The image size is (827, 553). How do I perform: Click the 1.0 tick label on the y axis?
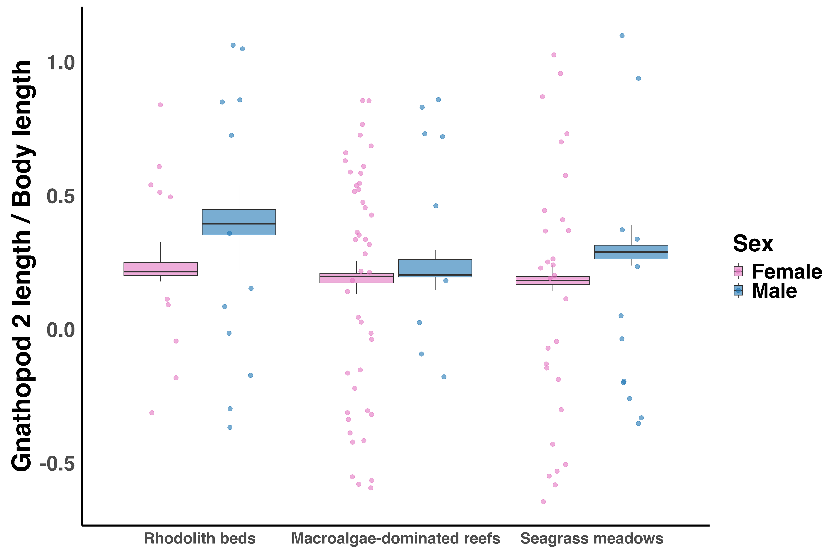tap(61, 63)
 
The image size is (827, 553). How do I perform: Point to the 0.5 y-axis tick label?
tap(61, 196)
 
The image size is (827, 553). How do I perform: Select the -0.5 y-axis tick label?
tap(57, 464)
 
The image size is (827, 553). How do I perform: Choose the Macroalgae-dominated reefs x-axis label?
tap(396, 539)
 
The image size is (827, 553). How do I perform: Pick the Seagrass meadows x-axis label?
tap(592, 539)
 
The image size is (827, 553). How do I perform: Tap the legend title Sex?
tap(753, 243)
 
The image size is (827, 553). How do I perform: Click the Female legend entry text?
tap(787, 272)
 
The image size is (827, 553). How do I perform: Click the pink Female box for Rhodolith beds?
tap(161, 269)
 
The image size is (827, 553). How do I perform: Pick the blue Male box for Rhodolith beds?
tap(239, 222)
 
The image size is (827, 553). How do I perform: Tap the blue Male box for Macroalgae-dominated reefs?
tap(435, 268)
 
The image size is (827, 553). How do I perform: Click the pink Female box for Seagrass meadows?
tap(552, 280)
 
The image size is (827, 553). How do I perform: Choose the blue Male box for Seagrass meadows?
tap(631, 252)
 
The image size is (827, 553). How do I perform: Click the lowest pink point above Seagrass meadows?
tap(543, 501)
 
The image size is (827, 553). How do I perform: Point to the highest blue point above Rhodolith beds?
tap(233, 45)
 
